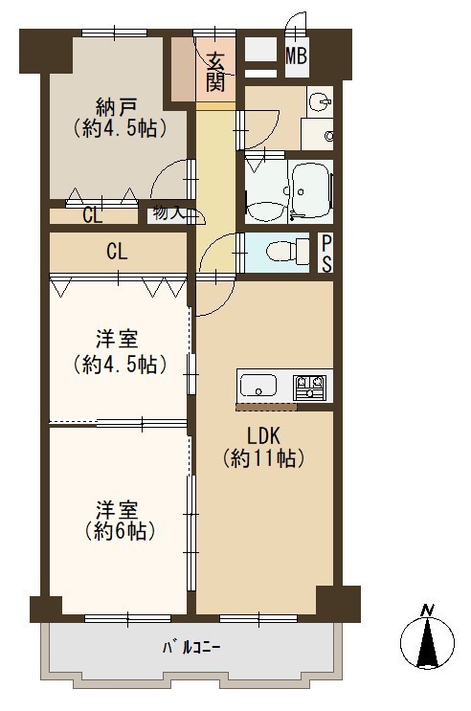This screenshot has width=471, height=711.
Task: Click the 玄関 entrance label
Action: coord(215,72)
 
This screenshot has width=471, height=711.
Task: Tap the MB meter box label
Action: coord(297,56)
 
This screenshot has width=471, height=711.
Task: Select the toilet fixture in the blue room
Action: coord(287,252)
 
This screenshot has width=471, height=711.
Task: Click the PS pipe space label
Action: coord(326,254)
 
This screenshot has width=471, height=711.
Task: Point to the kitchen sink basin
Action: coord(258,386)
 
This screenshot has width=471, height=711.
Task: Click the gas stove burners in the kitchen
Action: coord(309,387)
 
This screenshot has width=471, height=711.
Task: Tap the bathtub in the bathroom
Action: coord(313,190)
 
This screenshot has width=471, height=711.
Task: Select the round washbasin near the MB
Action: coord(320,102)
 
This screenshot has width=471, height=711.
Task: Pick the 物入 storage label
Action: coord(168,212)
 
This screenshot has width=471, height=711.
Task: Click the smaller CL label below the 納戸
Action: coord(93,216)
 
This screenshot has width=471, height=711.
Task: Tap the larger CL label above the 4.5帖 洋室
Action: coord(117,252)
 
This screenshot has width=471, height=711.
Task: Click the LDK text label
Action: coord(262,436)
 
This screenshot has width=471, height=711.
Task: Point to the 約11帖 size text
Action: coord(263,459)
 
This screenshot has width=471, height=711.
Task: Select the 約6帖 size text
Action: coord(120,530)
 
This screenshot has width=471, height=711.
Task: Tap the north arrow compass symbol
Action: coord(427,643)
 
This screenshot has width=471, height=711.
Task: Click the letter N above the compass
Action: coord(426,611)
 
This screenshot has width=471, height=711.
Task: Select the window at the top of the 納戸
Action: coord(114,33)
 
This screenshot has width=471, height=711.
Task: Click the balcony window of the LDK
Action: coord(258,618)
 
